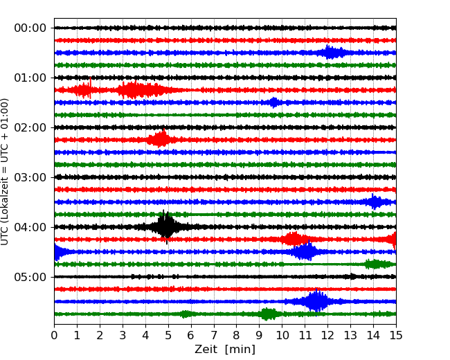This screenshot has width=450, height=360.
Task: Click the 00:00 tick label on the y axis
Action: [30, 28]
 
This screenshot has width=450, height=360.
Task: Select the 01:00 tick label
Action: [30, 78]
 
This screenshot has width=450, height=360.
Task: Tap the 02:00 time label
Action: [30, 127]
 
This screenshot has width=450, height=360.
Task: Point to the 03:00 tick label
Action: [30, 177]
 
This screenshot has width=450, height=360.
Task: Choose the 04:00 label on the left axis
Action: [30, 227]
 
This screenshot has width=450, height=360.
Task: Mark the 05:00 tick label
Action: [30, 277]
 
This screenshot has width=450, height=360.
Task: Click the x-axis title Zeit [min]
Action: [225, 350]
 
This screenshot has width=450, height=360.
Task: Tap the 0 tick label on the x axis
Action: [54, 336]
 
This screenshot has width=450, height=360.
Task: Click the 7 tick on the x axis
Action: [214, 336]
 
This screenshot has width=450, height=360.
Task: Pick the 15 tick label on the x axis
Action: [396, 336]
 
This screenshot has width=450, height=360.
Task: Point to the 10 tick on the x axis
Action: [282, 336]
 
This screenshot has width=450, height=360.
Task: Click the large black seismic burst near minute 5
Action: [166, 226]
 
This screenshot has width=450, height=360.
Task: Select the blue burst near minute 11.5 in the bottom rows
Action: [317, 301]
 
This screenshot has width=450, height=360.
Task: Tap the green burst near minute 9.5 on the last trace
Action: [269, 314]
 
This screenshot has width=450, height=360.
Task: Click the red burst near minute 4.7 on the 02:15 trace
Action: [161, 139]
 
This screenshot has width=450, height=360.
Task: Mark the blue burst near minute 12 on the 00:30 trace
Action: [332, 53]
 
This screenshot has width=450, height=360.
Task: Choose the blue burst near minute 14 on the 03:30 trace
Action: [375, 202]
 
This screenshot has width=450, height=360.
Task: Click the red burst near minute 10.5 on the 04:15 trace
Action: [294, 240]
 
